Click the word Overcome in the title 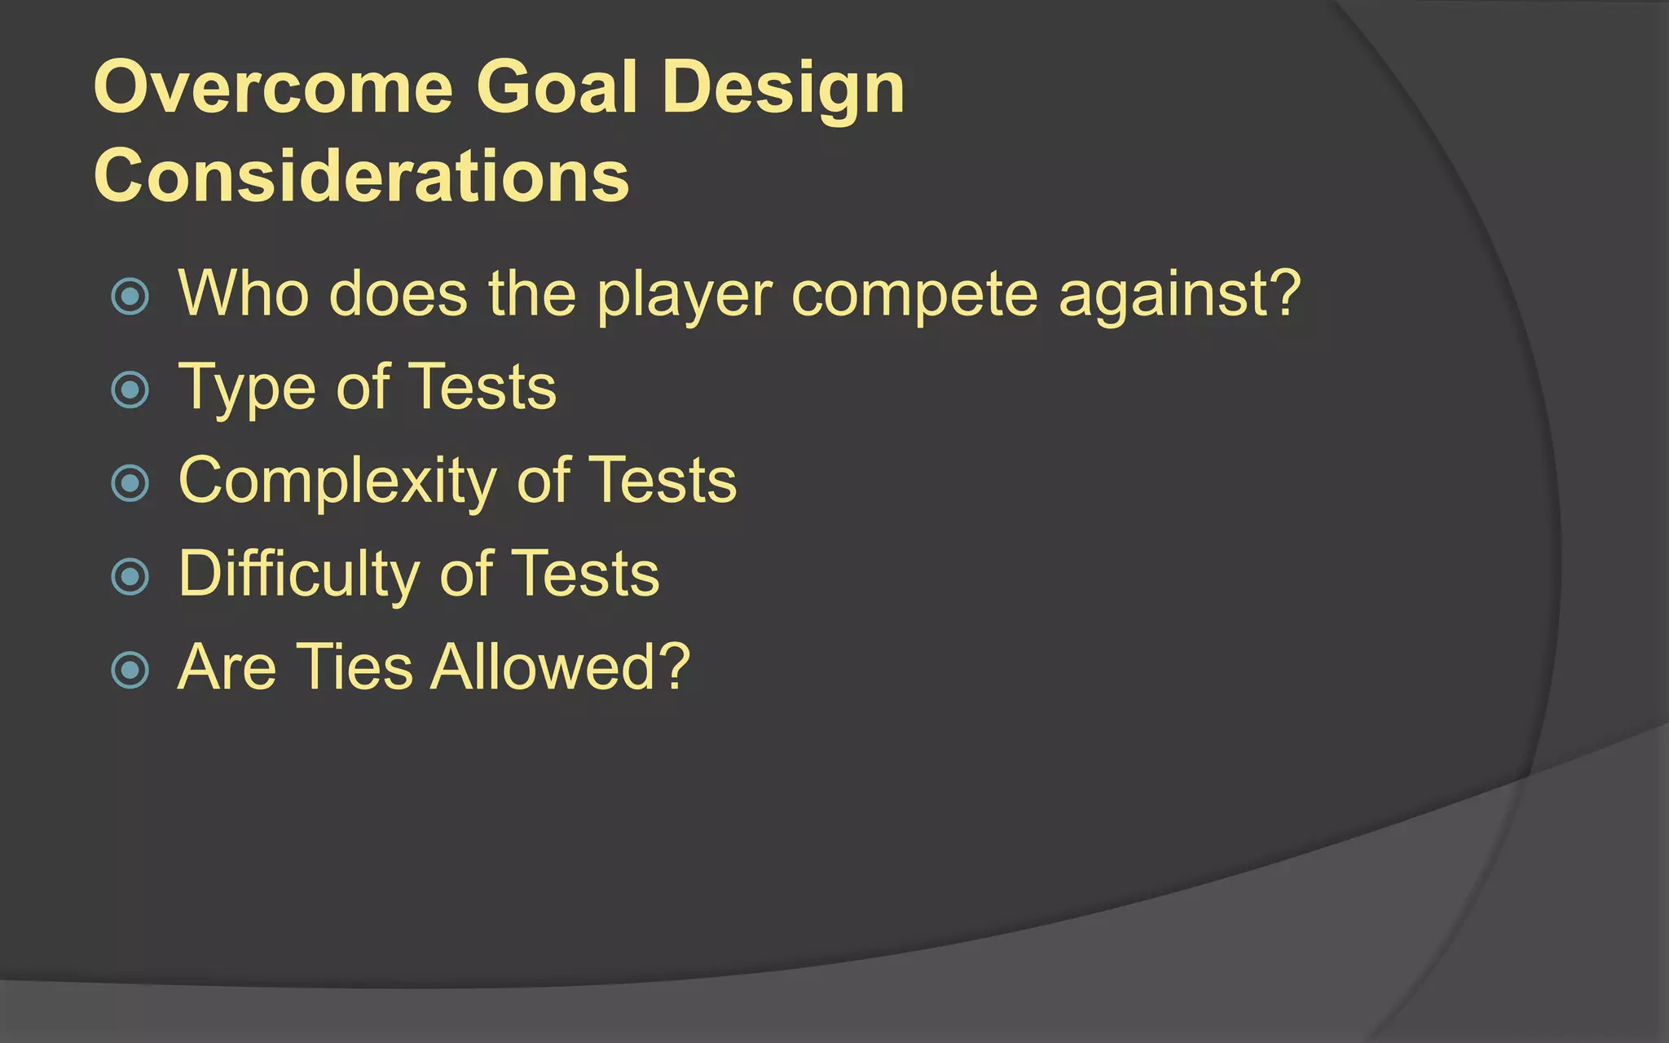pos(273,87)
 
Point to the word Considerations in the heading pos(362,176)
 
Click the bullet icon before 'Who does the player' pos(130,297)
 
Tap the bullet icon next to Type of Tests pos(130,389)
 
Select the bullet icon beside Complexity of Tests pos(130,483)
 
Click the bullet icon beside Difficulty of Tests pos(130,576)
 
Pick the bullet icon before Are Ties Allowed pos(130,670)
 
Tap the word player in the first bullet pos(684,295)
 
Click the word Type pos(244,388)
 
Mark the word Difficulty pos(298,574)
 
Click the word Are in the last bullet pos(227,667)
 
